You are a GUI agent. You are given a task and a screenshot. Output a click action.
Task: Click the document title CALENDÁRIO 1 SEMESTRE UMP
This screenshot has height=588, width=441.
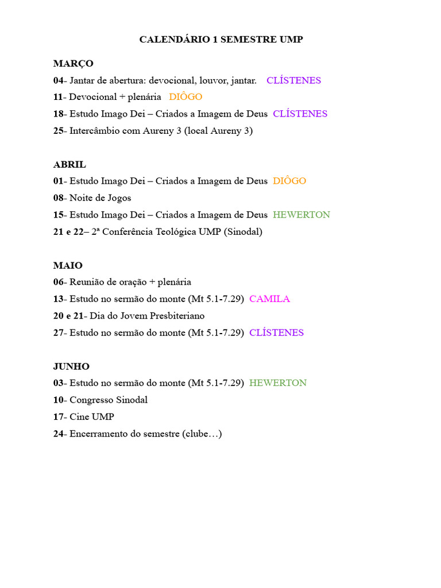[x=221, y=40]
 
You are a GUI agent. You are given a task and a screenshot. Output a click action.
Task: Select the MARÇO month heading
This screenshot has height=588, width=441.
[x=73, y=63]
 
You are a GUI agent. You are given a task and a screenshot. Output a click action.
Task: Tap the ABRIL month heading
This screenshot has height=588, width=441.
[x=69, y=164]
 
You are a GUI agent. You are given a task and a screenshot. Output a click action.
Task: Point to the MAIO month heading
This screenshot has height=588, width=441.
[x=68, y=265]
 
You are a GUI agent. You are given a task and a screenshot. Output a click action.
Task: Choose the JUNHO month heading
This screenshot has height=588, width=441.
[x=71, y=366]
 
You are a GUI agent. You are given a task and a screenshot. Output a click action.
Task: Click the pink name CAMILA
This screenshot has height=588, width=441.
[x=269, y=299]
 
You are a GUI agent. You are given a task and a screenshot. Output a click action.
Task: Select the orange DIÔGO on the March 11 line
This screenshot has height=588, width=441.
[x=185, y=97]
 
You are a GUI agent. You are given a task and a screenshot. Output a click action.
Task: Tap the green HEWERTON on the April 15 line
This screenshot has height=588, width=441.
[x=301, y=215]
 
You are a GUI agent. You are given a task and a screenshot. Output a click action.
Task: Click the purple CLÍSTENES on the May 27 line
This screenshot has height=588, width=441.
[x=276, y=332]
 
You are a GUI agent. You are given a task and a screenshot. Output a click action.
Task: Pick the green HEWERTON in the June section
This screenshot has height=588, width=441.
[x=278, y=383]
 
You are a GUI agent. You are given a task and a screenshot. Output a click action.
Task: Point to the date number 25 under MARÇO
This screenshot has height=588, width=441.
[x=59, y=131]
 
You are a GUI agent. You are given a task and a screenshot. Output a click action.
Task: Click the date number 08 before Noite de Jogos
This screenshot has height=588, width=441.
[x=59, y=198]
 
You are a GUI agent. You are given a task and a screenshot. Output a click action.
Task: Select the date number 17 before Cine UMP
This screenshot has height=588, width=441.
[x=59, y=417]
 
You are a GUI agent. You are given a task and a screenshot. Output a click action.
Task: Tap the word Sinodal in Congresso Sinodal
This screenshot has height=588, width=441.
[x=131, y=400]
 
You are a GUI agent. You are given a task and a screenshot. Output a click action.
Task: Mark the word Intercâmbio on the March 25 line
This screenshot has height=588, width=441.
[x=94, y=131]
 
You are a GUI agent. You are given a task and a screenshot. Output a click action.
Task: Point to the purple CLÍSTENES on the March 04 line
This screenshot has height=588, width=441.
[x=293, y=80]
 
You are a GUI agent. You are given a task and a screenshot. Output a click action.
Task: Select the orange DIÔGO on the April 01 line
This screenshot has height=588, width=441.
[x=289, y=181]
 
